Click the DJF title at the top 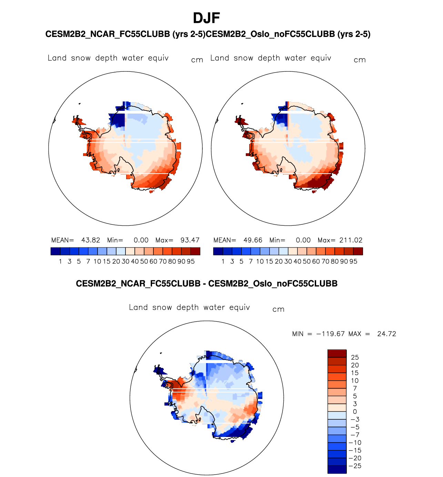pyautogui.click(x=207, y=18)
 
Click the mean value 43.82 pyautogui.click(x=91, y=240)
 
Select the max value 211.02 pyautogui.click(x=351, y=240)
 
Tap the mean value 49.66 pyautogui.click(x=253, y=240)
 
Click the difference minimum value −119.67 pyautogui.click(x=330, y=334)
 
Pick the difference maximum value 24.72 pyautogui.click(x=386, y=334)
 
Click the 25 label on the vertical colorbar pyautogui.click(x=355, y=358)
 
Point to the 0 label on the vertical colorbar pyautogui.click(x=355, y=412)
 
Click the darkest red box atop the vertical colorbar pyautogui.click(x=337, y=353)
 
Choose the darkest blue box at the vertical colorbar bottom pyautogui.click(x=337, y=469)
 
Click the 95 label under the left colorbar pyautogui.click(x=191, y=262)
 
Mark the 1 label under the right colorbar pyautogui.click(x=223, y=262)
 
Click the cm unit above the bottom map pyautogui.click(x=278, y=310)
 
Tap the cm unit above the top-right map pyautogui.click(x=360, y=60)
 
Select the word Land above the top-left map pyautogui.click(x=57, y=58)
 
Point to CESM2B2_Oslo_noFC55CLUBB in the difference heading pyautogui.click(x=273, y=284)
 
